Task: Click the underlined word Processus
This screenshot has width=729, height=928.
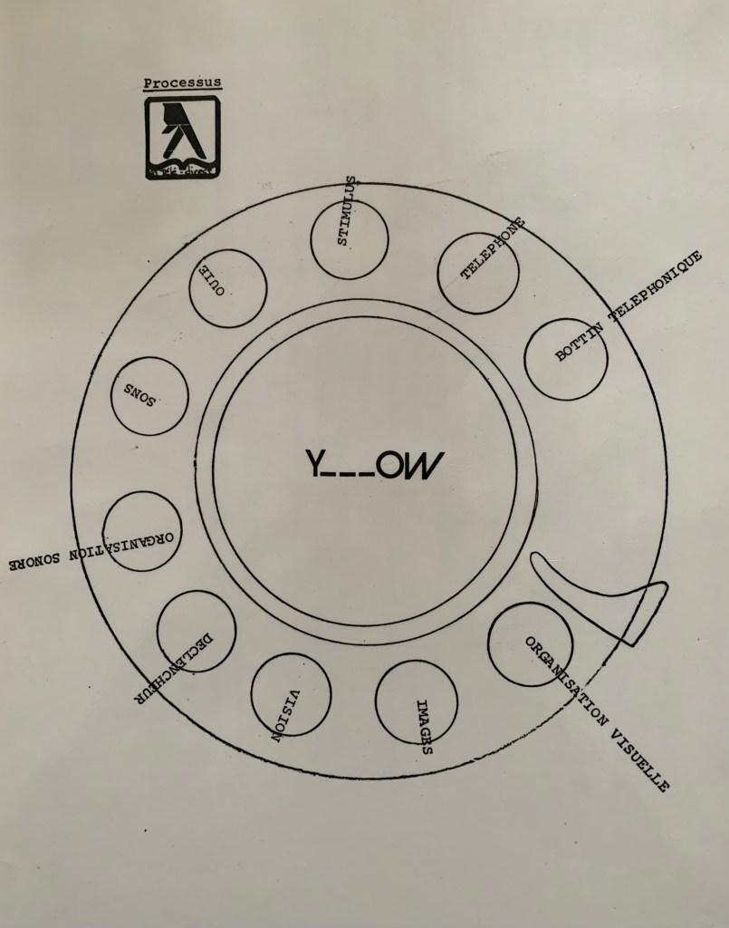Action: click(x=182, y=82)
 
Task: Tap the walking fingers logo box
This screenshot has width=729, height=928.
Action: click(x=183, y=138)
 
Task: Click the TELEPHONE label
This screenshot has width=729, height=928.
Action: click(x=493, y=248)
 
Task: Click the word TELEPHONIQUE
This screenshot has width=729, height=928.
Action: click(x=656, y=285)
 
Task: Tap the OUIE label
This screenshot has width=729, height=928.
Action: click(x=212, y=279)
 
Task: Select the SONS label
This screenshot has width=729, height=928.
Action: click(x=139, y=395)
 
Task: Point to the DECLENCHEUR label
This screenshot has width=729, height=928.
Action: click(x=173, y=670)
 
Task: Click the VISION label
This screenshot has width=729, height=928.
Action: click(x=286, y=716)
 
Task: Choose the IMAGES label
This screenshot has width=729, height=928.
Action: click(x=425, y=728)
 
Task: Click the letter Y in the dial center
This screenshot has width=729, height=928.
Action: click(x=314, y=463)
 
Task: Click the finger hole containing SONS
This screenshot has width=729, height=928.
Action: click(x=149, y=396)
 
